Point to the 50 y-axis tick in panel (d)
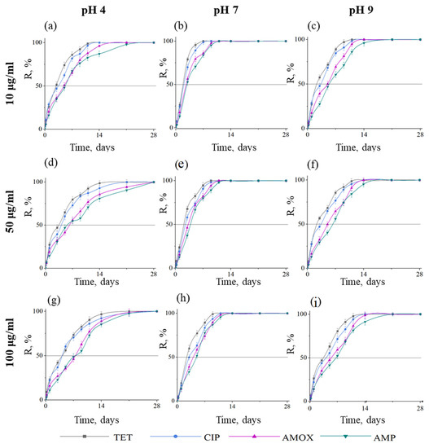point(37,225)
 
